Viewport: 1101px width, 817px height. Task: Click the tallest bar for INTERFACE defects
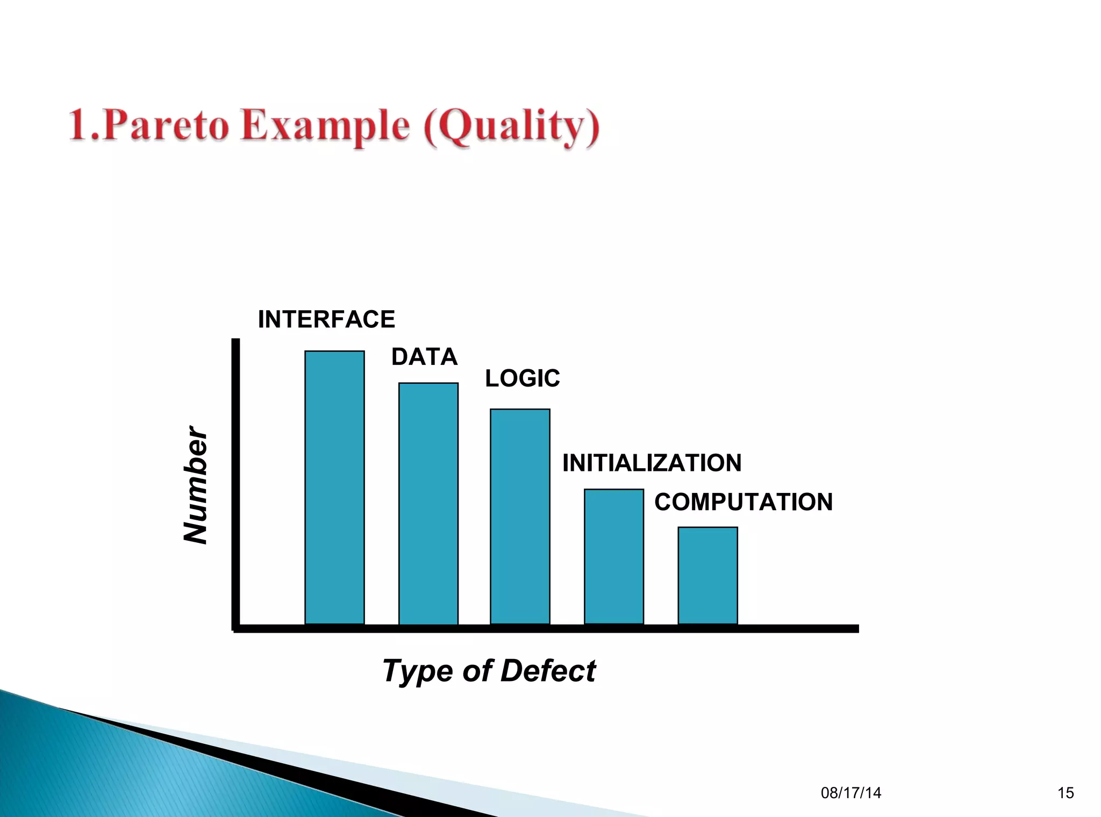point(334,487)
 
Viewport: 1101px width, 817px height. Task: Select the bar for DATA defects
point(428,503)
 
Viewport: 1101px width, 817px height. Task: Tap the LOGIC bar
point(520,516)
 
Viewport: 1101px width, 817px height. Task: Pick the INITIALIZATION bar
point(613,556)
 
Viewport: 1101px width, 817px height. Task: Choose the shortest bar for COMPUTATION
point(707,575)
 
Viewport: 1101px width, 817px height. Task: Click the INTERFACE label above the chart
point(326,319)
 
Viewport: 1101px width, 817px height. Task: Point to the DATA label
point(424,357)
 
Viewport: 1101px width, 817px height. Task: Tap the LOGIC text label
point(522,378)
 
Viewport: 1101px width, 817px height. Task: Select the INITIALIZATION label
point(652,463)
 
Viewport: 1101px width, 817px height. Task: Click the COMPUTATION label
point(743,502)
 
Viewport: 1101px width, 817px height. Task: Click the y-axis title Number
point(195,485)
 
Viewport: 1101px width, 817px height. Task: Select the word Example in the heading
point(325,125)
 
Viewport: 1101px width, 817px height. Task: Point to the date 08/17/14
point(850,793)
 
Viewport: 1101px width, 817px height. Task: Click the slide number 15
point(1065,793)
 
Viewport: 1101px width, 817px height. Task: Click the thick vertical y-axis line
point(235,484)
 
